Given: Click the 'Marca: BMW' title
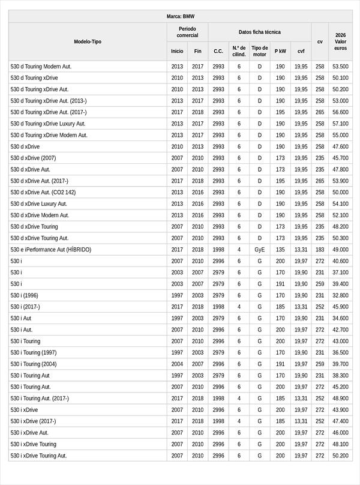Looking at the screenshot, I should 180,17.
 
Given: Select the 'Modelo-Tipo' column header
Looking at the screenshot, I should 88,42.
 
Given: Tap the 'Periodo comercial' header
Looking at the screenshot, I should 187,32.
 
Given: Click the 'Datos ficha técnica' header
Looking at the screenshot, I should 259,32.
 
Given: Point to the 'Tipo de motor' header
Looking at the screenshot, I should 260,51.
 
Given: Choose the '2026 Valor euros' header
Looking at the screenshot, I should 340,42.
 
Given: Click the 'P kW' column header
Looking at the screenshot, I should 280,52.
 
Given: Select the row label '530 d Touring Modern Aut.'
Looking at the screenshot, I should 41,67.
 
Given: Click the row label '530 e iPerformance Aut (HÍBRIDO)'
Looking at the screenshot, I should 51,250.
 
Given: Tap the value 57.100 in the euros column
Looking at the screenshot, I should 340,124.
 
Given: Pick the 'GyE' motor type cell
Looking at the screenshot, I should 260,250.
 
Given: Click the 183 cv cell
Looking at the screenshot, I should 320,250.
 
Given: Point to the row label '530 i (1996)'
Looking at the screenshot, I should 25,295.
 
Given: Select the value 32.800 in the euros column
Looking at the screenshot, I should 340,295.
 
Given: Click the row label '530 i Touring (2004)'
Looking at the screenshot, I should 34,364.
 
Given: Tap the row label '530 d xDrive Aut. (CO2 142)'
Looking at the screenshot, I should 43,193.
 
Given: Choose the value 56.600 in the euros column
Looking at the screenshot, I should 340,112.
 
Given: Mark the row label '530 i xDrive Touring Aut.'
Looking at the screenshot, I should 38,456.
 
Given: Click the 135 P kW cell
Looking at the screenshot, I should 280,250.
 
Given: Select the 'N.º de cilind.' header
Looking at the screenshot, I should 239,51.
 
